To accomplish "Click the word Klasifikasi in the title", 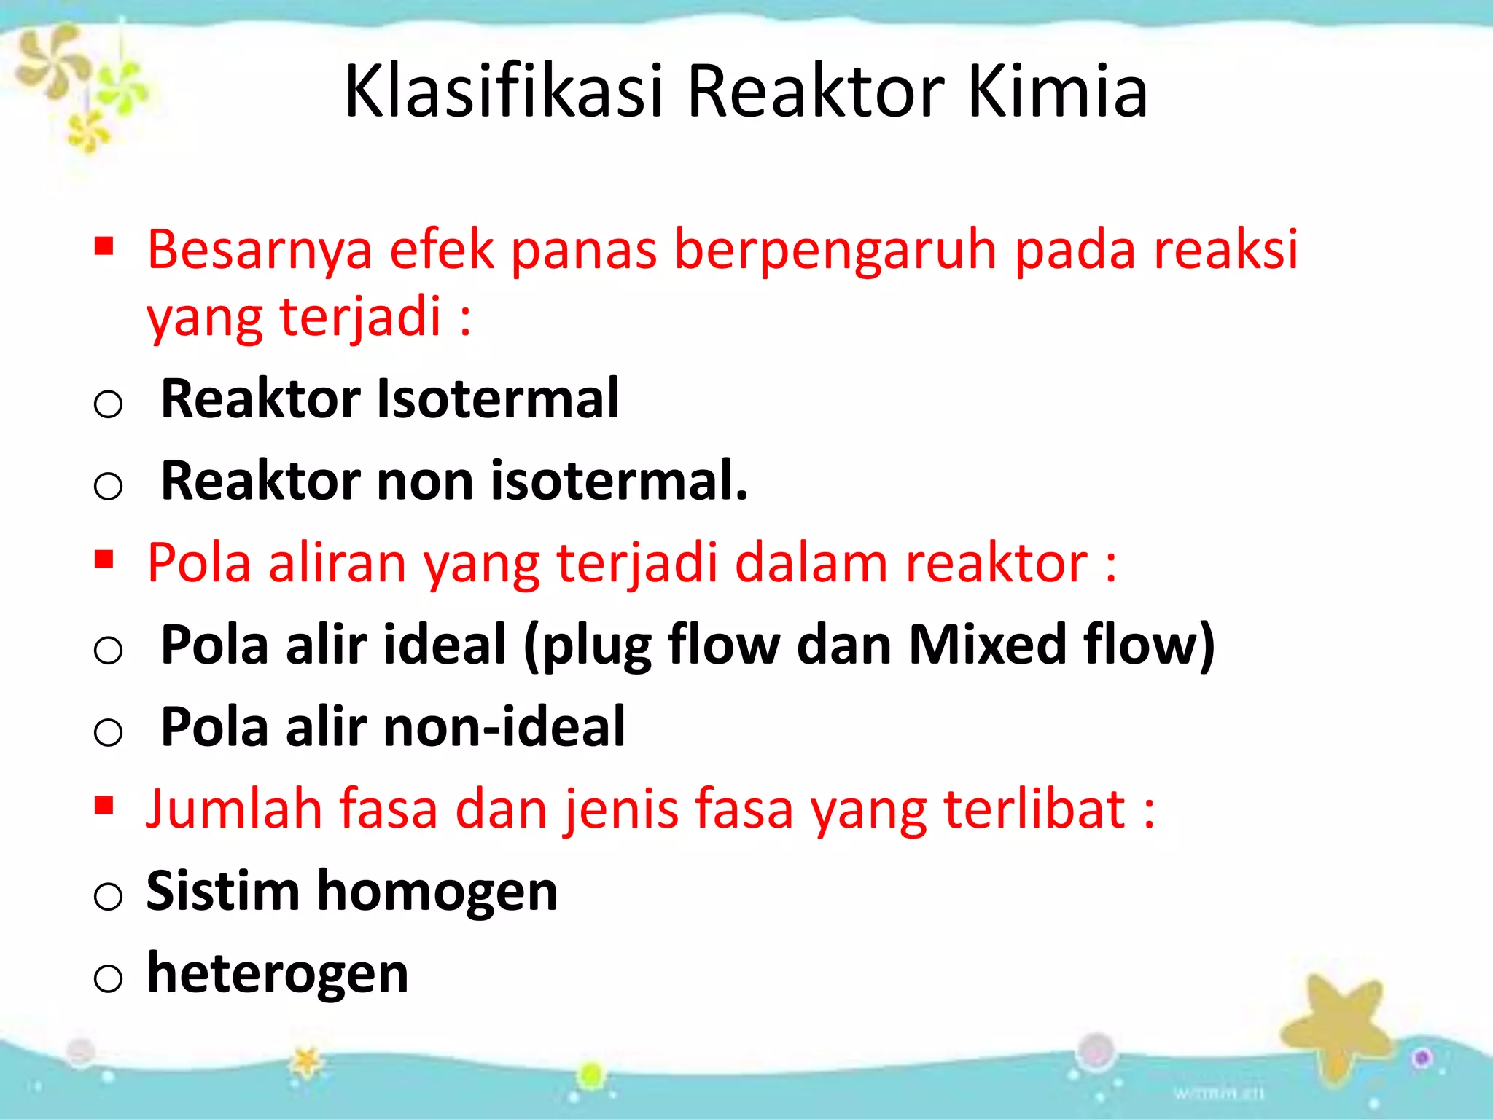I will [503, 91].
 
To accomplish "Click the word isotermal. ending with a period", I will [620, 481].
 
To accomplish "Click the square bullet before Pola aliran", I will [104, 559].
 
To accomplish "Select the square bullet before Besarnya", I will [104, 247].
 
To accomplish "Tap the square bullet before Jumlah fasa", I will [104, 805].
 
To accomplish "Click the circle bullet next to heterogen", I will [108, 978].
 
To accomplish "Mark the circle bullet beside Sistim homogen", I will [108, 895].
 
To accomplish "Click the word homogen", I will [437, 892].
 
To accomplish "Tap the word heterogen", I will [278, 974].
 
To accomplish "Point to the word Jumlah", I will [234, 809].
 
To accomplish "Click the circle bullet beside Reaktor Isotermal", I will [108, 404].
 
